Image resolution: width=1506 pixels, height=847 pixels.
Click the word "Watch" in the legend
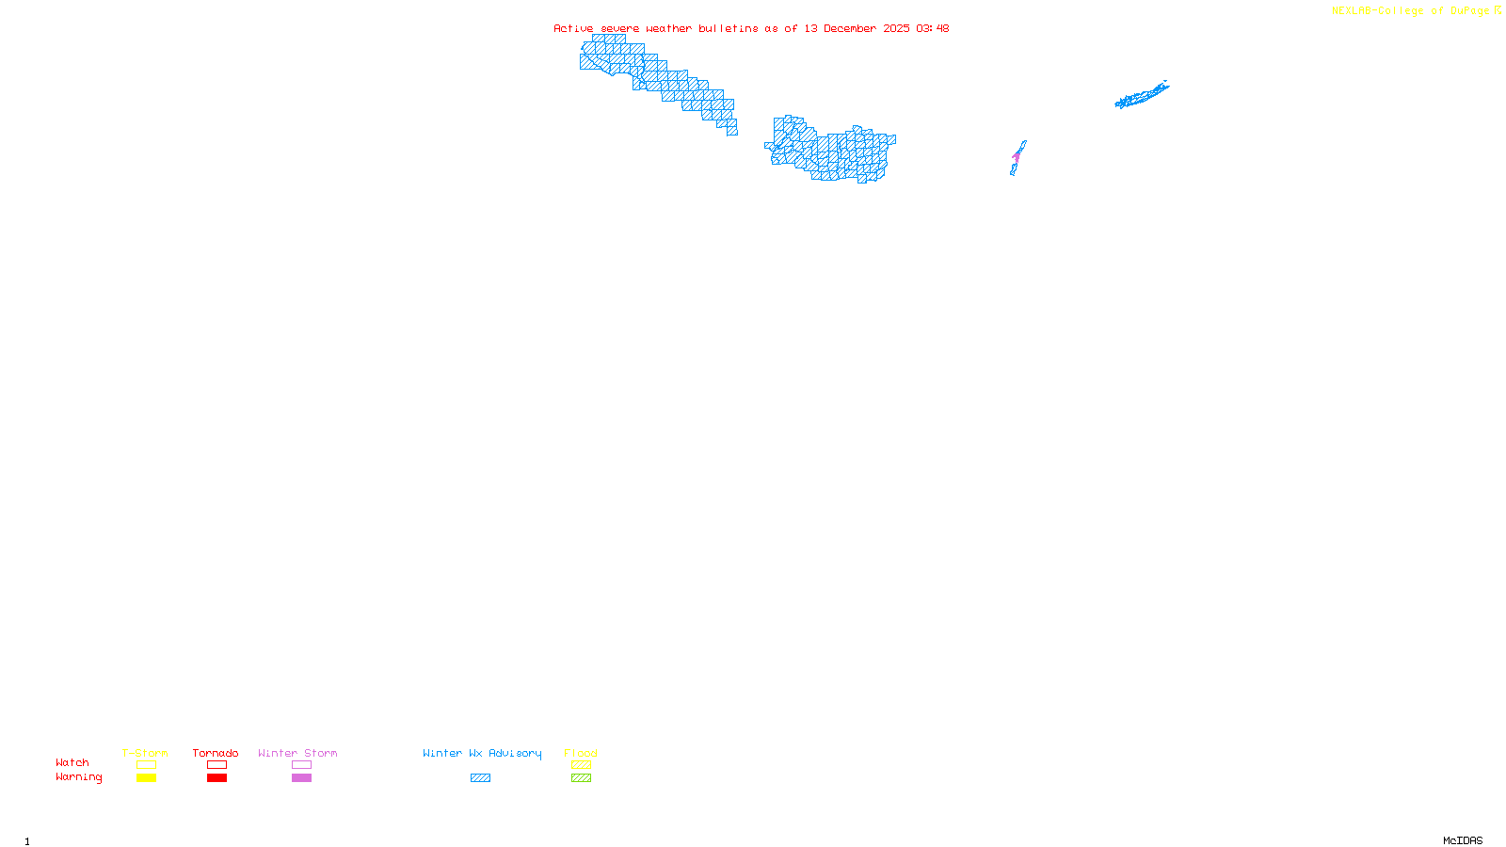point(72,762)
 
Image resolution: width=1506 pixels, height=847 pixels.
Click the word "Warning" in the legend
point(79,777)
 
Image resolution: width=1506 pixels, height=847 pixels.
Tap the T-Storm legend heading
point(145,753)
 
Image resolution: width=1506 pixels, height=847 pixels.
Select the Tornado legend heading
point(216,753)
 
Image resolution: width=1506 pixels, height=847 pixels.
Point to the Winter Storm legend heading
point(297,753)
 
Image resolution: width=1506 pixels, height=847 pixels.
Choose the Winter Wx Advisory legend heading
point(482,753)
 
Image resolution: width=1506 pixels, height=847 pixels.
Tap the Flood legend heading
point(581,753)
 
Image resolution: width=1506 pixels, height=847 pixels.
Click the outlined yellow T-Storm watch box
point(146,765)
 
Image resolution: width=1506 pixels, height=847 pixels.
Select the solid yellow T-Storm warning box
point(146,778)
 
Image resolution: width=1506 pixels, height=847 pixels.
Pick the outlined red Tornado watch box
point(217,765)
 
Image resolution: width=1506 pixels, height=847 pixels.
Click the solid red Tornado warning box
point(217,778)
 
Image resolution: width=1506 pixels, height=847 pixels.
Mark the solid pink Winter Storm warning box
point(301,778)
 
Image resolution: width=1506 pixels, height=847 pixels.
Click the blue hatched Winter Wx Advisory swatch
point(480,778)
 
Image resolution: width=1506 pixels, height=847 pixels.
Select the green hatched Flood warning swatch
point(582,778)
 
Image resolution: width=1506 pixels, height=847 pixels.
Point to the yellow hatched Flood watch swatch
point(582,765)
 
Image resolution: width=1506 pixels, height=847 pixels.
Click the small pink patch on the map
point(1017,156)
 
